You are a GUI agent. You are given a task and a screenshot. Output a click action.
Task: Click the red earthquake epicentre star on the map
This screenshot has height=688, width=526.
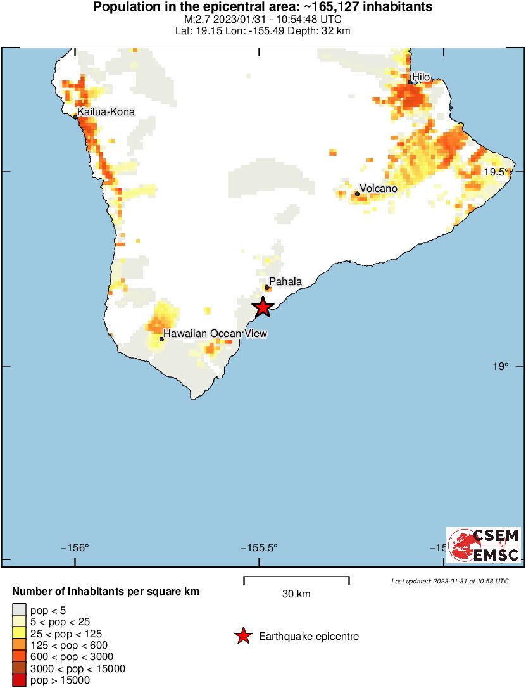point(263,307)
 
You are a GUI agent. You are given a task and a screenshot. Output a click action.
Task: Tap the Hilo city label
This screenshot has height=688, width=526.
point(421,77)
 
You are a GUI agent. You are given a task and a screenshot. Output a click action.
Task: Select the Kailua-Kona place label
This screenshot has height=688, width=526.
point(106,112)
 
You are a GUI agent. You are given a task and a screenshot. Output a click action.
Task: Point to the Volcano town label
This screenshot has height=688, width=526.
point(379,189)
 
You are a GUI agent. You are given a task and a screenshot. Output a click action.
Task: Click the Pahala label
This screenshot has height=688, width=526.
point(285,282)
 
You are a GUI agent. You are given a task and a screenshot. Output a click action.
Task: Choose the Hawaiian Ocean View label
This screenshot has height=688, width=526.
point(215,333)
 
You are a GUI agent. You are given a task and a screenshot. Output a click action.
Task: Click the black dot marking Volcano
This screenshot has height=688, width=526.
point(357,194)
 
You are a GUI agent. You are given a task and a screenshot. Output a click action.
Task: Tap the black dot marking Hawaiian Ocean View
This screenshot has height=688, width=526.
point(161,339)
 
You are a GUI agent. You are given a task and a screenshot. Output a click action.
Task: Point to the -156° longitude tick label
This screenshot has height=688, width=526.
point(75,547)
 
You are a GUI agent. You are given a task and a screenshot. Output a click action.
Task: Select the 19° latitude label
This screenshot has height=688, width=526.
point(501,366)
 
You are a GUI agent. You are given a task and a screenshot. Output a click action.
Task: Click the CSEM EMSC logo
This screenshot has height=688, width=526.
point(484,545)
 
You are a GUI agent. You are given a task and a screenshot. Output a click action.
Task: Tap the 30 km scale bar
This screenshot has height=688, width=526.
point(296,578)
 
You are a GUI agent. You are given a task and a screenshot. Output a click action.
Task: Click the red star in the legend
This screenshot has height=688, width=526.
point(243,636)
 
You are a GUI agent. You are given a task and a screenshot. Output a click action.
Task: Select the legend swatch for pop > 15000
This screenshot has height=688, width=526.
point(19,680)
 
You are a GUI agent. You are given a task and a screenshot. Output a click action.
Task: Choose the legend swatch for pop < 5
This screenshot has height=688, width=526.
point(19,611)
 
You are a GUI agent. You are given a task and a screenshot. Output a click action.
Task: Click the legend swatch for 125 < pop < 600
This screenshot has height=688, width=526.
point(19,646)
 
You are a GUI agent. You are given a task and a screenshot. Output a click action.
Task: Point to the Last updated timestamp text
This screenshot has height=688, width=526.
point(449,581)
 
